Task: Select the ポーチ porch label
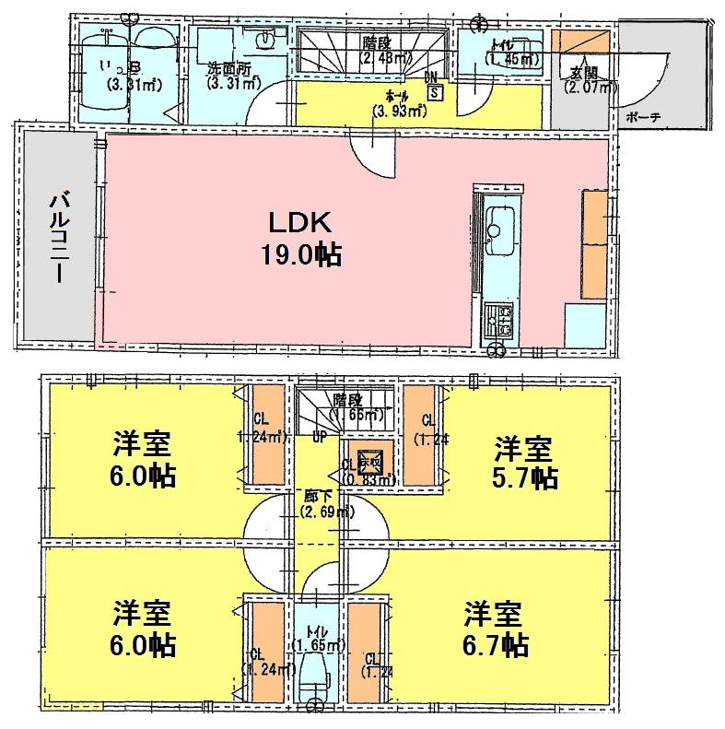tap(641, 118)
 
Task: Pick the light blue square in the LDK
tap(584, 323)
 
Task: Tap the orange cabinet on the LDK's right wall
tap(594, 243)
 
